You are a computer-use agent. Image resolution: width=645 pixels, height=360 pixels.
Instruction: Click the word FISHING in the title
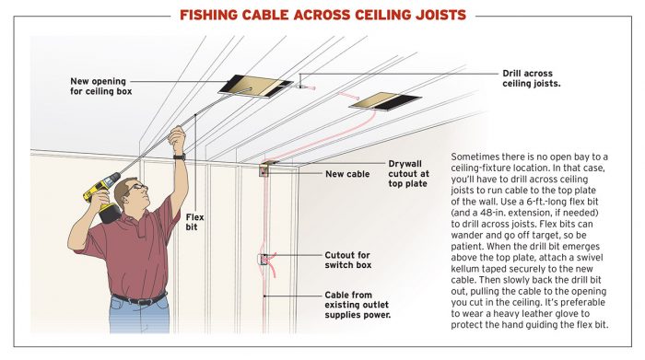213,15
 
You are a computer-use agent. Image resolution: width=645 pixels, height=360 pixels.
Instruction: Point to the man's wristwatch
180,157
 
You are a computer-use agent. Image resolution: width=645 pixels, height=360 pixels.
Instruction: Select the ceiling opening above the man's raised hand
248,84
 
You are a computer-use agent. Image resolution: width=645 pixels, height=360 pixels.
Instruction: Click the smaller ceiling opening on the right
384,99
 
